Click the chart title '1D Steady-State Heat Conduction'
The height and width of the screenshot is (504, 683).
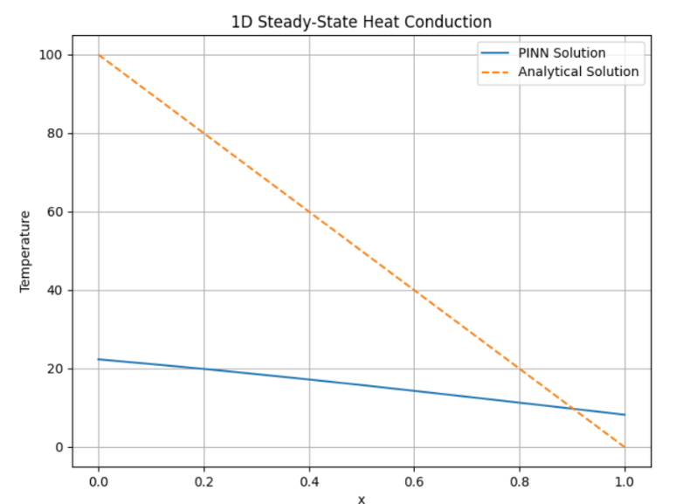pos(361,22)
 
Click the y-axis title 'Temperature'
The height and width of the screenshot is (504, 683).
pos(26,251)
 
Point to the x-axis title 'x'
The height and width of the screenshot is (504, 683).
pos(361,499)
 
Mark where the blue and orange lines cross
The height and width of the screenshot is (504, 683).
pos(573,408)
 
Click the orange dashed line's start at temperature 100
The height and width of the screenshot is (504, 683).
pos(99,55)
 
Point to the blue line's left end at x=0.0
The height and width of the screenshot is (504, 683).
pos(99,359)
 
